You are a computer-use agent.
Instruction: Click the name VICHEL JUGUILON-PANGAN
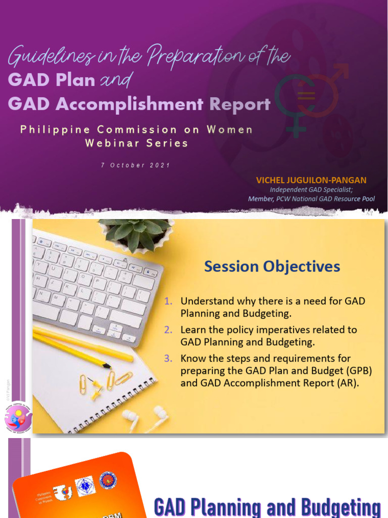(x=311, y=180)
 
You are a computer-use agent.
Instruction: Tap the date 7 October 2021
(x=135, y=165)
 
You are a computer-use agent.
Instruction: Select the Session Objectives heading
(x=272, y=267)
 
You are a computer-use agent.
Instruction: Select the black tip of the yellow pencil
(x=107, y=365)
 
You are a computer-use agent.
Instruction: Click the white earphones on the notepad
(x=144, y=418)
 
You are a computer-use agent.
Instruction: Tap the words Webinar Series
(x=136, y=143)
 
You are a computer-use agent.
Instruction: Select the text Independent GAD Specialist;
(x=311, y=190)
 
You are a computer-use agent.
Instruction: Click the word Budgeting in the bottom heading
(x=341, y=507)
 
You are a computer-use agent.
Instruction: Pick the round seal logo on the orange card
(x=108, y=480)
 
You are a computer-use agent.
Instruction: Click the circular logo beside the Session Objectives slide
(x=18, y=418)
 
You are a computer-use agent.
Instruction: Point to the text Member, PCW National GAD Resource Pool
(x=311, y=199)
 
